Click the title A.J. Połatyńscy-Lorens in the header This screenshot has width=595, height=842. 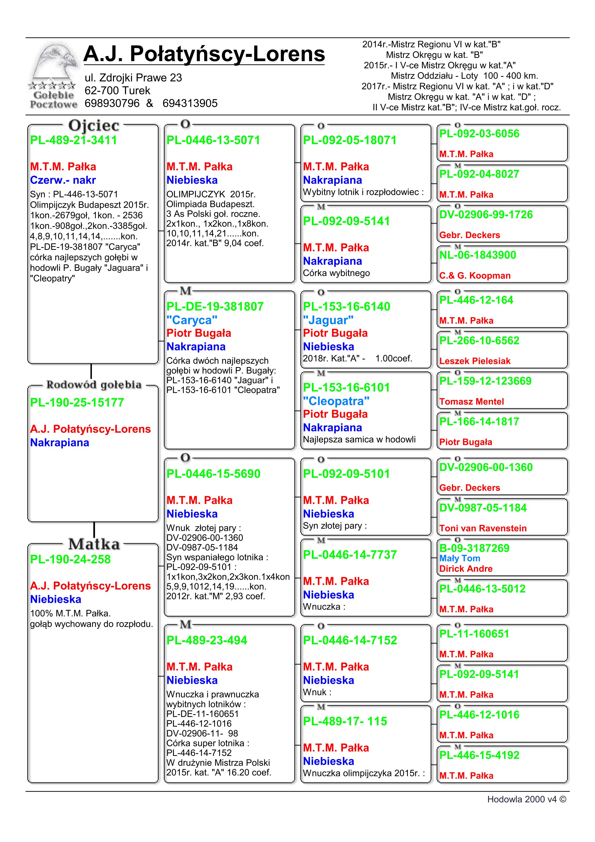pyautogui.click(x=204, y=54)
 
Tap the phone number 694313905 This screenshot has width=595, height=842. pyautogui.click(x=190, y=103)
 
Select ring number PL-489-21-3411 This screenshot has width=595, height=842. pyautogui.click(x=73, y=140)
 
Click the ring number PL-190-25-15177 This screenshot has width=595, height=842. pyautogui.click(x=77, y=402)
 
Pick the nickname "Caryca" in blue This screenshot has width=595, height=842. pyautogui.click(x=192, y=320)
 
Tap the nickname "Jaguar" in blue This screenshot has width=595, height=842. pyautogui.click(x=328, y=320)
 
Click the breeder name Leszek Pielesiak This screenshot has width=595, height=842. pyautogui.click(x=475, y=361)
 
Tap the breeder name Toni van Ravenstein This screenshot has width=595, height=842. pyautogui.click(x=483, y=528)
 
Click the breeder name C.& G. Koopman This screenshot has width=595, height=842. pyautogui.click(x=475, y=275)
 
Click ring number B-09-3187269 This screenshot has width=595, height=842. pyautogui.click(x=474, y=548)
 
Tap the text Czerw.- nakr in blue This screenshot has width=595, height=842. pyautogui.click(x=63, y=180)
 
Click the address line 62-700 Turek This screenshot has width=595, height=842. pyautogui.click(x=117, y=90)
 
